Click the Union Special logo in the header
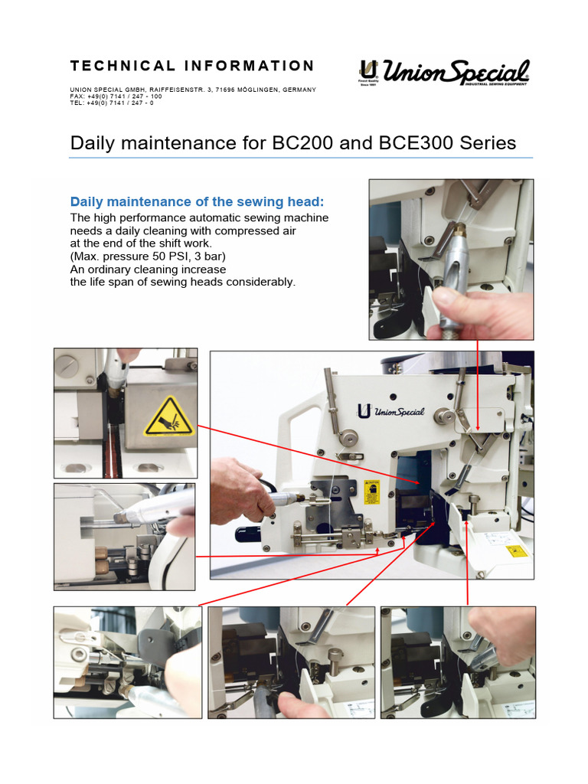point(444,73)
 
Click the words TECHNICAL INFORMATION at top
point(192,66)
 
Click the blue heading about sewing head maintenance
point(197,201)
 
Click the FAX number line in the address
point(116,96)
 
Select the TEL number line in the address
point(112,103)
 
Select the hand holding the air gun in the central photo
point(237,490)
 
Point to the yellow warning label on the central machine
point(373,493)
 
